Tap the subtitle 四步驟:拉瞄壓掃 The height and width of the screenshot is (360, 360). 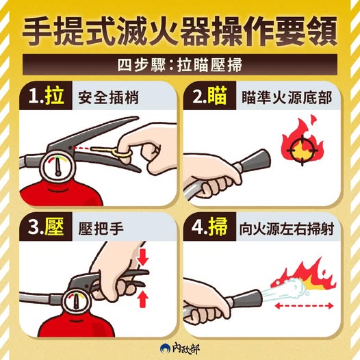coord(179,65)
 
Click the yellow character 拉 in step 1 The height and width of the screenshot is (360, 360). coord(55,96)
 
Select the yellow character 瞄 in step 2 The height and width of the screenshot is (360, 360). coord(217,96)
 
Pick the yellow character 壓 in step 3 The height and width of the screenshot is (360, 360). coord(55,227)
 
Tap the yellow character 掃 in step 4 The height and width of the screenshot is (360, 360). coord(218,227)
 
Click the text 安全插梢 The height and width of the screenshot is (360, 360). coord(108,98)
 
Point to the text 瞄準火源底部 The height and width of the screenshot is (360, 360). coord(287,98)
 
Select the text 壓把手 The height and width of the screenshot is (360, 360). coord(101,229)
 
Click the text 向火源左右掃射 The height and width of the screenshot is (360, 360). coord(286,229)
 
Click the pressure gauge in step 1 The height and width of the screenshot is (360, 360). coord(58,168)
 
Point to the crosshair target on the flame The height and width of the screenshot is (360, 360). coord(302,150)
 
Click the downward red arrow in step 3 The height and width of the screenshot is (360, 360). coord(143,257)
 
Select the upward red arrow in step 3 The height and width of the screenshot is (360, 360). coord(143,299)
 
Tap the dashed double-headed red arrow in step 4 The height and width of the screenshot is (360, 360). coord(304,306)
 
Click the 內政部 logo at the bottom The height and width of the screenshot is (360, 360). coord(180,349)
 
